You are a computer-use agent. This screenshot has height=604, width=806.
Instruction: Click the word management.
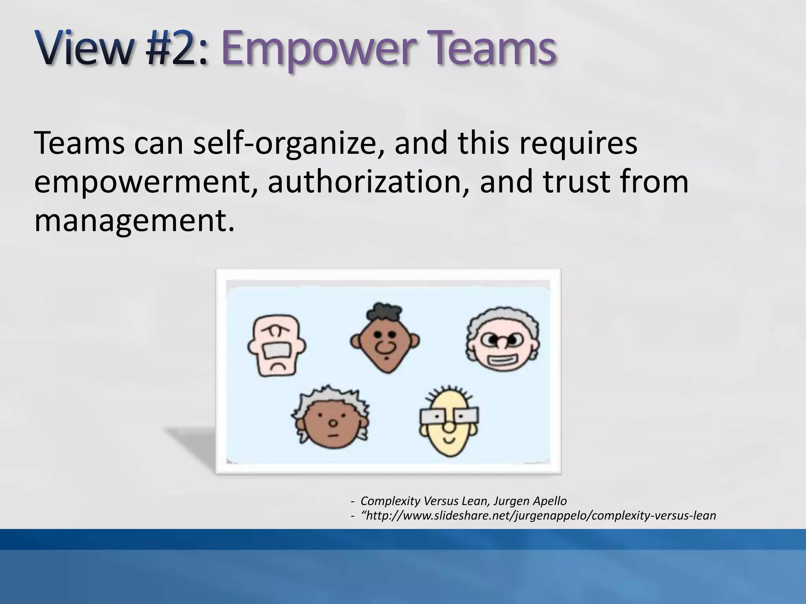[x=134, y=220]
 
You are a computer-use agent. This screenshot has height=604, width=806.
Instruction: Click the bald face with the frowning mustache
[x=277, y=345]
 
